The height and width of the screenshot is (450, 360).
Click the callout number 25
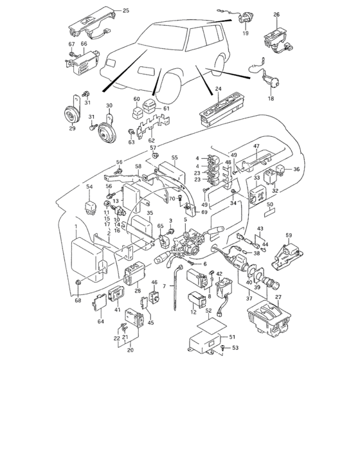point(125,11)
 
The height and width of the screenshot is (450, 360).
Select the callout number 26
point(276,14)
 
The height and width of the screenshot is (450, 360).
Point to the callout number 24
point(218,90)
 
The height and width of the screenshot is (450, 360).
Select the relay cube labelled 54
point(89,203)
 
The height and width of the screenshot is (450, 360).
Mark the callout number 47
point(273,147)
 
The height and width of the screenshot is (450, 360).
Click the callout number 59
point(289,235)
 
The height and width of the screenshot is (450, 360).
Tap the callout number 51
point(233,336)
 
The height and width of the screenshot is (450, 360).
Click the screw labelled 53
point(222,348)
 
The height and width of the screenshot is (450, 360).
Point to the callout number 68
point(78,300)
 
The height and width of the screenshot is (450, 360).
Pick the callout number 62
point(151,140)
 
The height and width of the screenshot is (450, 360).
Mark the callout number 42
point(219,274)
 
